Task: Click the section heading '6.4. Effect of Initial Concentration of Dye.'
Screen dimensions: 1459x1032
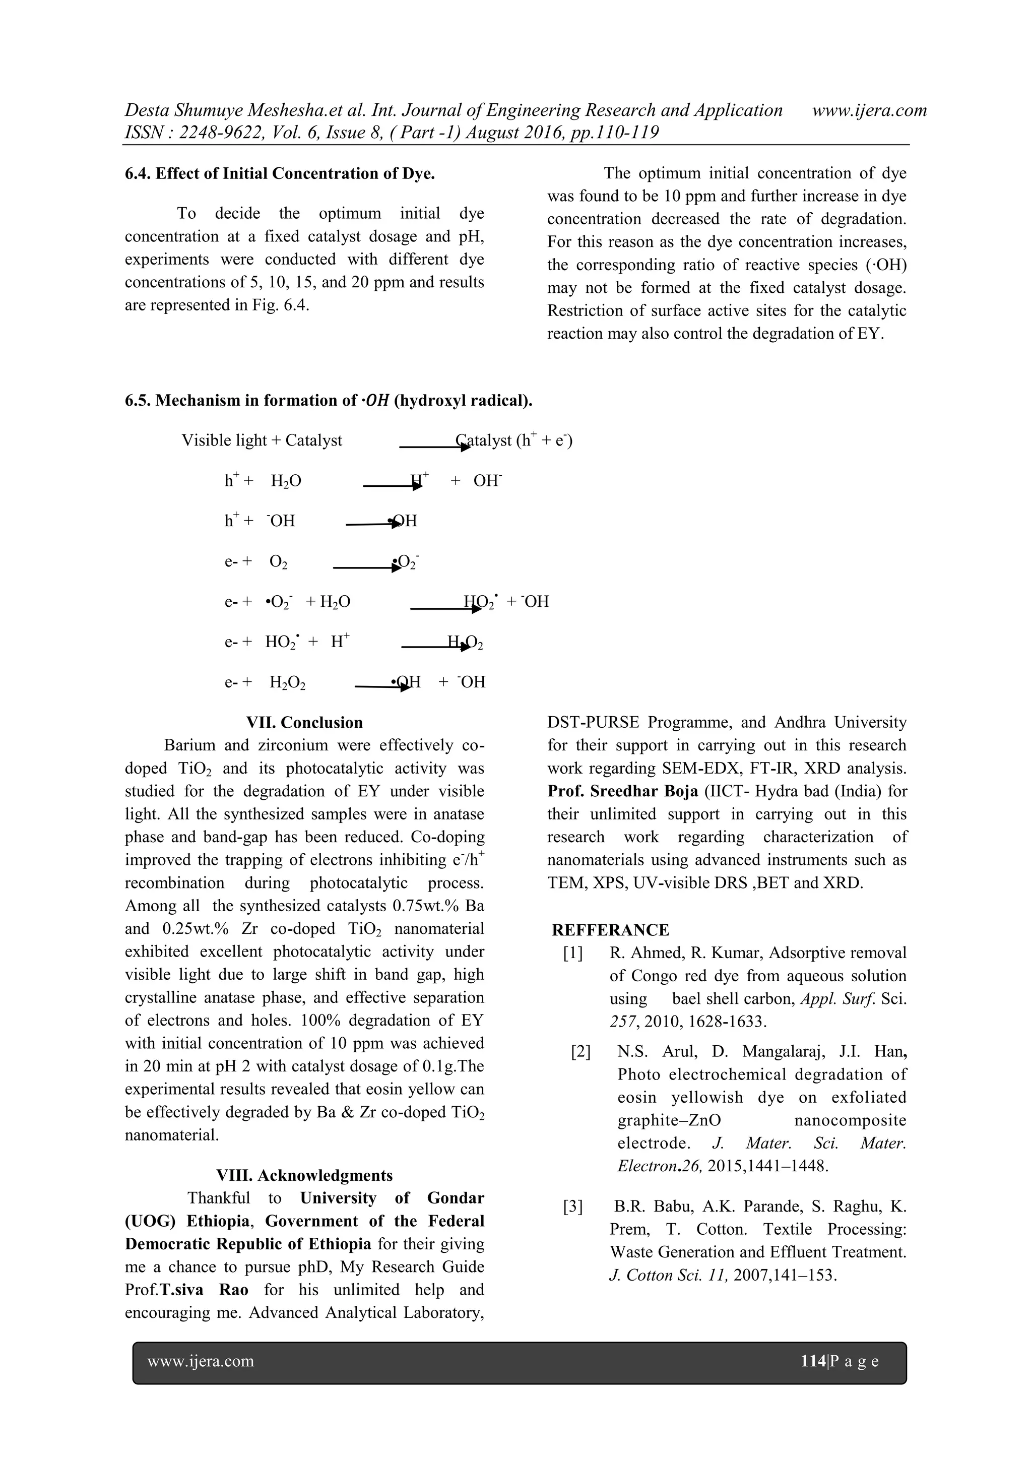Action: click(x=280, y=173)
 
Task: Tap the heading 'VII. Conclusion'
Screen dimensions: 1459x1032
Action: click(x=304, y=723)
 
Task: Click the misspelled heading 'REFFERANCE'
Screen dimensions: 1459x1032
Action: click(x=610, y=930)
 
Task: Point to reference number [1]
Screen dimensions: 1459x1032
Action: click(x=572, y=953)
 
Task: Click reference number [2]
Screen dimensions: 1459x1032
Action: click(x=581, y=1052)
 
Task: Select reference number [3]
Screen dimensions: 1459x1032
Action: click(x=572, y=1207)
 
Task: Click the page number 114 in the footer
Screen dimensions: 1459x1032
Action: click(x=813, y=1361)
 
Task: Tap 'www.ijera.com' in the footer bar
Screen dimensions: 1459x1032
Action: click(x=201, y=1361)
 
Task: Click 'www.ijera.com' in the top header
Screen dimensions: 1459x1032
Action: click(x=869, y=110)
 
